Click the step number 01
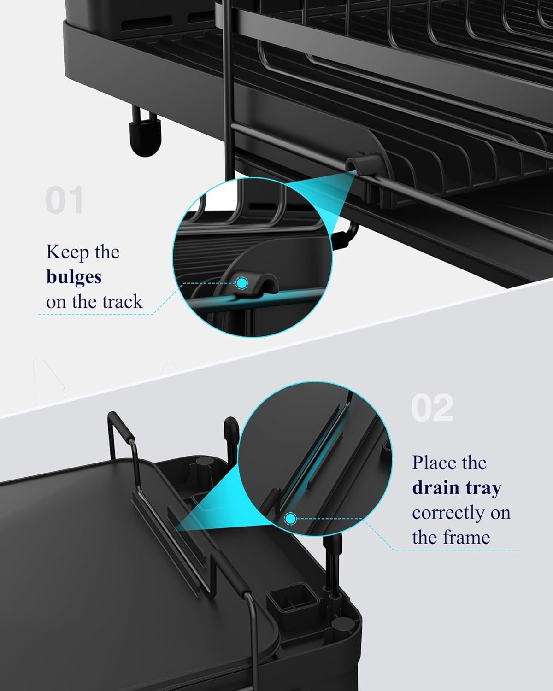click(x=65, y=201)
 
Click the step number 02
click(x=432, y=408)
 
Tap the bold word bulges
click(x=74, y=277)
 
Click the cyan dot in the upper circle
click(x=242, y=283)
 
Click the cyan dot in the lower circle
click(x=290, y=519)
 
